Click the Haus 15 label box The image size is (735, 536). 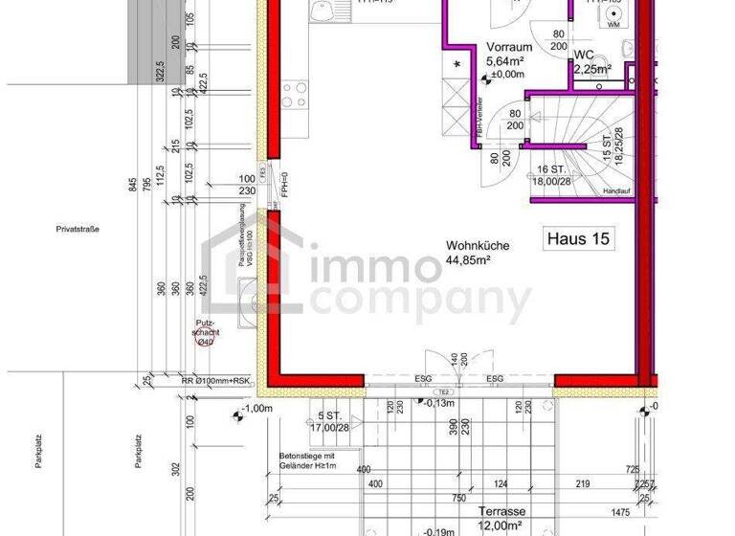pos(577,236)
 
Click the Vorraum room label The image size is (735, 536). pos(509,47)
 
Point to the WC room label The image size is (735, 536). pos(585,55)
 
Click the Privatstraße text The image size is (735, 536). pos(78,229)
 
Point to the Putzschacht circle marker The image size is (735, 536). pos(204,341)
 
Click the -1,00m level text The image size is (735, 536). pos(258,410)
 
